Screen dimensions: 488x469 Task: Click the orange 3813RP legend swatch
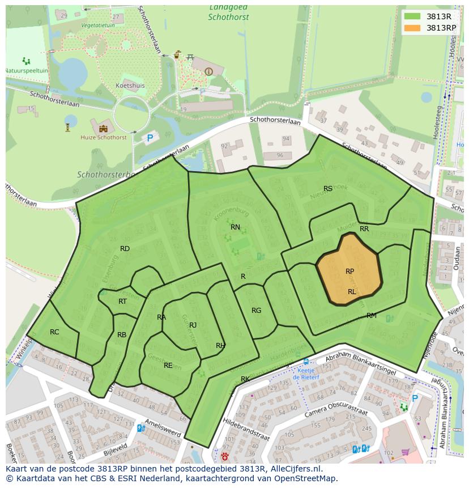coord(413,28)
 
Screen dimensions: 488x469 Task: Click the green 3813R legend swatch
coord(413,16)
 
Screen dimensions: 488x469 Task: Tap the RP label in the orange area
coord(349,271)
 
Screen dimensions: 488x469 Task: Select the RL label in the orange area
coord(352,292)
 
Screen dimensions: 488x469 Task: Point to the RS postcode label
coord(328,189)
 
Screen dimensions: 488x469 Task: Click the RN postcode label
coord(235,227)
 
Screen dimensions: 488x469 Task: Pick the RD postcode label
coord(125,248)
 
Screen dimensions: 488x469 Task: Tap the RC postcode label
coord(54,332)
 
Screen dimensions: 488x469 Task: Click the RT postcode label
coord(122,302)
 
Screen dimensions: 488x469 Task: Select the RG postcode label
coord(256,310)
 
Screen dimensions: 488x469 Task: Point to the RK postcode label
coord(245,379)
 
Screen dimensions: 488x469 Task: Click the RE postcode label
coord(168,366)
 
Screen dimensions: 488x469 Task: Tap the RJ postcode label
coord(193,325)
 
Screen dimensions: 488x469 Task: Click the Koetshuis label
coord(130,86)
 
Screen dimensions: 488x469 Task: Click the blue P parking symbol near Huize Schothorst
coord(150,138)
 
